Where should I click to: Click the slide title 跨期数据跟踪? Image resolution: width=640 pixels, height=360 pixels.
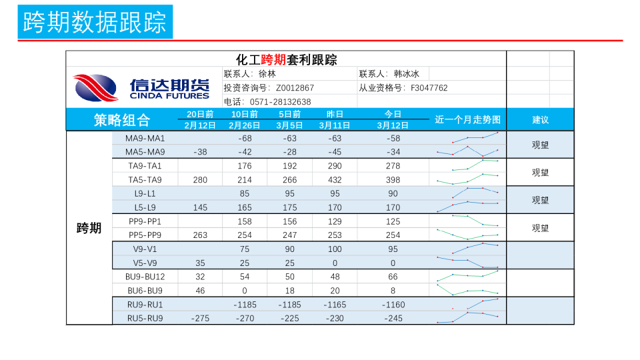coord(95,21)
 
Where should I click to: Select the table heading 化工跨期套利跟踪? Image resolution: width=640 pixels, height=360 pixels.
coord(286,60)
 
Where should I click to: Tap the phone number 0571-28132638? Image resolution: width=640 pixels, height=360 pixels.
coord(280,102)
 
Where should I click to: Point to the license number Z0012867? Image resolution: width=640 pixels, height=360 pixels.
coord(295,88)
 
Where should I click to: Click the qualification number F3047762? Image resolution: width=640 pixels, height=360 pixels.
coord(429,88)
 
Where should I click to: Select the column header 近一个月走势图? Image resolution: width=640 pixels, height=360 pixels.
coord(467,120)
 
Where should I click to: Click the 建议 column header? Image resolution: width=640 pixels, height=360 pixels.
coord(540,120)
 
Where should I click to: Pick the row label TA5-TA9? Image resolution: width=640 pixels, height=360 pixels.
coord(145,180)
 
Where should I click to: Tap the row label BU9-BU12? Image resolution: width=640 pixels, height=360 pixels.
coord(145,277)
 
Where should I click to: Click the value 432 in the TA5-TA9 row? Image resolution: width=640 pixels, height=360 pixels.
coord(335,180)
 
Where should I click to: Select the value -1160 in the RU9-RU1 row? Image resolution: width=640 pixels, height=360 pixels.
coord(393,305)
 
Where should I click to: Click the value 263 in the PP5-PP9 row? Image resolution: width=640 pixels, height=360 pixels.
coord(200,235)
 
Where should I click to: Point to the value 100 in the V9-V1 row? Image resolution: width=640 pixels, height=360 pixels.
coord(335,249)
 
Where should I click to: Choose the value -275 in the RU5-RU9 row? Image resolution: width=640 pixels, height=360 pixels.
coord(200,319)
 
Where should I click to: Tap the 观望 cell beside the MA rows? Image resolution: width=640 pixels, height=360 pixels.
coord(540,145)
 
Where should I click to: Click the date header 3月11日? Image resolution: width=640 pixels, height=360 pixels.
coord(335,125)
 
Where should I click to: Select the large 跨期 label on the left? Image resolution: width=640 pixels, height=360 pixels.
coord(89,228)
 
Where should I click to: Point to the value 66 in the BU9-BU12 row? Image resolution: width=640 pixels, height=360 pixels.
coord(393,277)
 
